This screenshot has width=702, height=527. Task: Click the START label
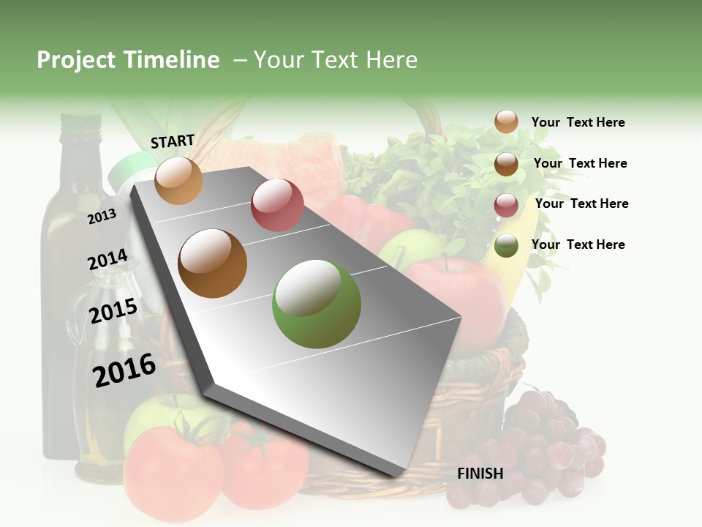[173, 141]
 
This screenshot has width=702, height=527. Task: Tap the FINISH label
[480, 474]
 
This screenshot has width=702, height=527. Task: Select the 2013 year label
[102, 216]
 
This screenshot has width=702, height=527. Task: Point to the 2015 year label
[113, 311]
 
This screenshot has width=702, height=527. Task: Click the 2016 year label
[124, 370]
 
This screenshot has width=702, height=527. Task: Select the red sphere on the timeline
[277, 205]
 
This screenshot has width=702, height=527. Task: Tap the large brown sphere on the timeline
[213, 263]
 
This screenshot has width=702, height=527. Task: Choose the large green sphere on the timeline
[317, 304]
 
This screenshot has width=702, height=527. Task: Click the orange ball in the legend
[506, 122]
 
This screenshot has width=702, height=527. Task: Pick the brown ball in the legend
[506, 163]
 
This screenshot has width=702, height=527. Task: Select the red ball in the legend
[506, 204]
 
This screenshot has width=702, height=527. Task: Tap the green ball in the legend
[506, 245]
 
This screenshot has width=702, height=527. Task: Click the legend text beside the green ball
[578, 244]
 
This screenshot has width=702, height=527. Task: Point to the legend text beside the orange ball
[578, 122]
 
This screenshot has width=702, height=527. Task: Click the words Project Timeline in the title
[128, 60]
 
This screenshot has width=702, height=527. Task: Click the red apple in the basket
[457, 293]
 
